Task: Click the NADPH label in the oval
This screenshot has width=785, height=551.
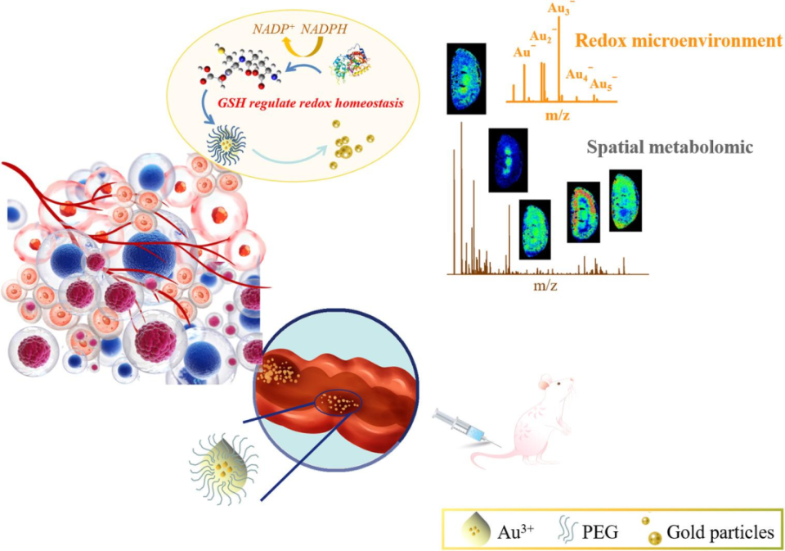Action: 325,29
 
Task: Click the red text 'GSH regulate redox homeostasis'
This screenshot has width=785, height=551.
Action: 311,104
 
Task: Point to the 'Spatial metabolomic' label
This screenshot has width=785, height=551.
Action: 670,147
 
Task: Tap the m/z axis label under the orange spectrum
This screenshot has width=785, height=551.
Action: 557,115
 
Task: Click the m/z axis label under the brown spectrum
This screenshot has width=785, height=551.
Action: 545,287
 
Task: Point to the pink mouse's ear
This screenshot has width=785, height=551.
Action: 545,385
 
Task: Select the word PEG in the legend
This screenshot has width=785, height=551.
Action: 599,531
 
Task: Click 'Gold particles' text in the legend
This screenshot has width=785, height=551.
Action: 720,531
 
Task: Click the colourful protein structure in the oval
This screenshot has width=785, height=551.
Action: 352,64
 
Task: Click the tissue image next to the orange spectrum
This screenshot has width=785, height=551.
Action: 466,79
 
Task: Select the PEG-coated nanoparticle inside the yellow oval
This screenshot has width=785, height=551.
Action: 227,144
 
